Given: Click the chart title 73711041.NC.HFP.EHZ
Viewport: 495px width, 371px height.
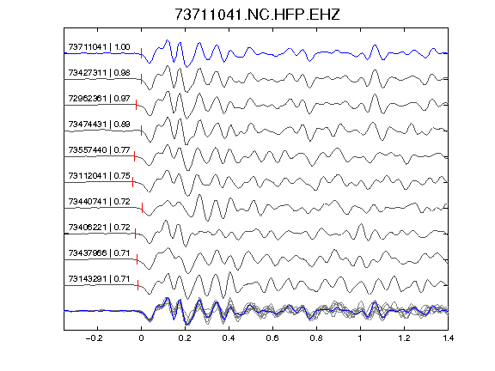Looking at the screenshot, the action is [257, 15].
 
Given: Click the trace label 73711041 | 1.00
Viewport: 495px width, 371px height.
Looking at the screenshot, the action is [99, 47].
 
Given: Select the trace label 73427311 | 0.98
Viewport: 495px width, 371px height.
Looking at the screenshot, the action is [99, 73].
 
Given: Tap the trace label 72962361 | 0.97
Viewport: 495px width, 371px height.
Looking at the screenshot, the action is [99, 99].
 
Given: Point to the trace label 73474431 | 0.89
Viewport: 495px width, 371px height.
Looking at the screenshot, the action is [99, 125].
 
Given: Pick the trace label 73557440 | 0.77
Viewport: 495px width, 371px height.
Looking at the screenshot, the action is [99, 149].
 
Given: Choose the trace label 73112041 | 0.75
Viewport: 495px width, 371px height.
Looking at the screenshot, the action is [99, 176].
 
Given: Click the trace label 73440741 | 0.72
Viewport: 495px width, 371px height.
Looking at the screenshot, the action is [99, 202].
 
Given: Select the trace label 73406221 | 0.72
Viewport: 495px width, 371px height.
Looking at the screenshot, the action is [99, 227].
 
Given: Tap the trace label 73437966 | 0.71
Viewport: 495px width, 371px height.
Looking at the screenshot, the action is [99, 253].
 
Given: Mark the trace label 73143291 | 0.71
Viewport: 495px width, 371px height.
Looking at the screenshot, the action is [99, 279].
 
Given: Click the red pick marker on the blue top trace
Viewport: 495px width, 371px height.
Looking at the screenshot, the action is [141, 53].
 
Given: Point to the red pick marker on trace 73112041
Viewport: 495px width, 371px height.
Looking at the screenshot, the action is [132, 182].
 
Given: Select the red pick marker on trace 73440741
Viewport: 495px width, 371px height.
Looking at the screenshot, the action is [142, 208].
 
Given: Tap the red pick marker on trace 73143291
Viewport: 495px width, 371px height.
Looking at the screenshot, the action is [138, 285].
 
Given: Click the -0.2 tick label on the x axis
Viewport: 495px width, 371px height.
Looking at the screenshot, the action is [94, 338].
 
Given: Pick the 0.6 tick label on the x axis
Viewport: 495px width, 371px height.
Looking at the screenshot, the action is [272, 338].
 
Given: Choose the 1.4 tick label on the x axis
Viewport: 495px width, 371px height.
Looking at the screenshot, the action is [448, 338].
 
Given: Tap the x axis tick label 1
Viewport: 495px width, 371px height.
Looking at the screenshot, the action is [360, 338].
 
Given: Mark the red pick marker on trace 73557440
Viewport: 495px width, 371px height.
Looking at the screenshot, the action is [134, 156].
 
